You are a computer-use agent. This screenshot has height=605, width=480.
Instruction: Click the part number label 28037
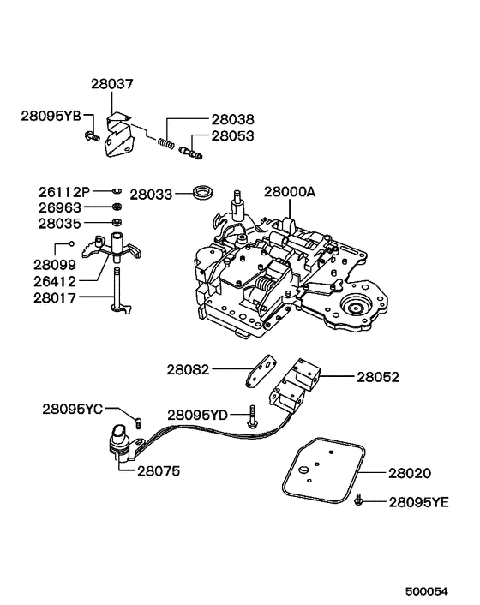point(112,84)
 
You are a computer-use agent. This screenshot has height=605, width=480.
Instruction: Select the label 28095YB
point(51,115)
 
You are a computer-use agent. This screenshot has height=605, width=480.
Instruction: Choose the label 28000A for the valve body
point(290,193)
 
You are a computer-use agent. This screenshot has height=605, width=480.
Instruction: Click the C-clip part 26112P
point(121,191)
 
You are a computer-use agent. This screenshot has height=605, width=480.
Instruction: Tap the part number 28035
point(60,224)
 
